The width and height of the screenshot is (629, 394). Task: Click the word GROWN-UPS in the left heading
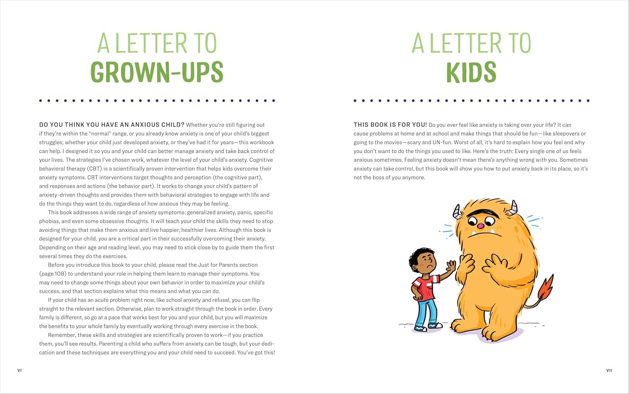click(x=157, y=72)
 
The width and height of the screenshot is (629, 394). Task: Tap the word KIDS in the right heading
click(x=471, y=72)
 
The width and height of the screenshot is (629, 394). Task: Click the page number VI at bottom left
click(x=19, y=370)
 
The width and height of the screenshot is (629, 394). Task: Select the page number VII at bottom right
click(x=609, y=370)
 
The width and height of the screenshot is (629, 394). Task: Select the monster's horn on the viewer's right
click(x=513, y=207)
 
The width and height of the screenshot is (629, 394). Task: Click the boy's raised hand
click(x=451, y=266)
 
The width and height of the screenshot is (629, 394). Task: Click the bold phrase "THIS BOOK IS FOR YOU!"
click(x=390, y=125)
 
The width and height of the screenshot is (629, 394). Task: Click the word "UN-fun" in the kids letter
click(x=442, y=142)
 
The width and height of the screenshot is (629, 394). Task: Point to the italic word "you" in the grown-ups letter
click(x=103, y=239)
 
